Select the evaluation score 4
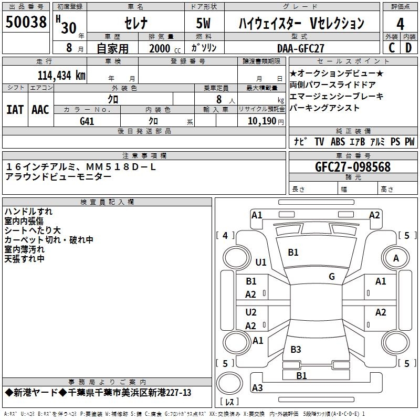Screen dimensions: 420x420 [401, 24]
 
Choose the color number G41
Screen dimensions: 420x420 [87, 121]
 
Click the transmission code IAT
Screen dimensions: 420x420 [15, 110]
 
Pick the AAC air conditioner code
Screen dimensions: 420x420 [40, 110]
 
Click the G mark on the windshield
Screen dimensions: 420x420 [332, 276]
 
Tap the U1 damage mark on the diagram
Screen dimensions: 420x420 [261, 262]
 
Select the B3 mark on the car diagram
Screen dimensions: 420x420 [296, 349]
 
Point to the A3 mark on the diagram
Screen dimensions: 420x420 [257, 388]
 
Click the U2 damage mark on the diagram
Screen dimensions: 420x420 [251, 312]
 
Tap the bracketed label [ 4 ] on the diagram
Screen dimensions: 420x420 [225, 236]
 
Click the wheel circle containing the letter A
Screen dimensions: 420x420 [396, 258]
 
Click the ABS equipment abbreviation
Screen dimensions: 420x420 [338, 141]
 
